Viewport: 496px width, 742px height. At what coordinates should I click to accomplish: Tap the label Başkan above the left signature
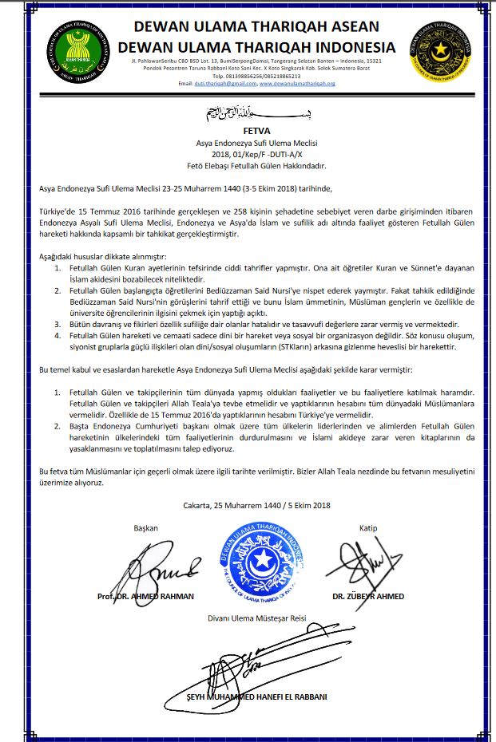(146, 528)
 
